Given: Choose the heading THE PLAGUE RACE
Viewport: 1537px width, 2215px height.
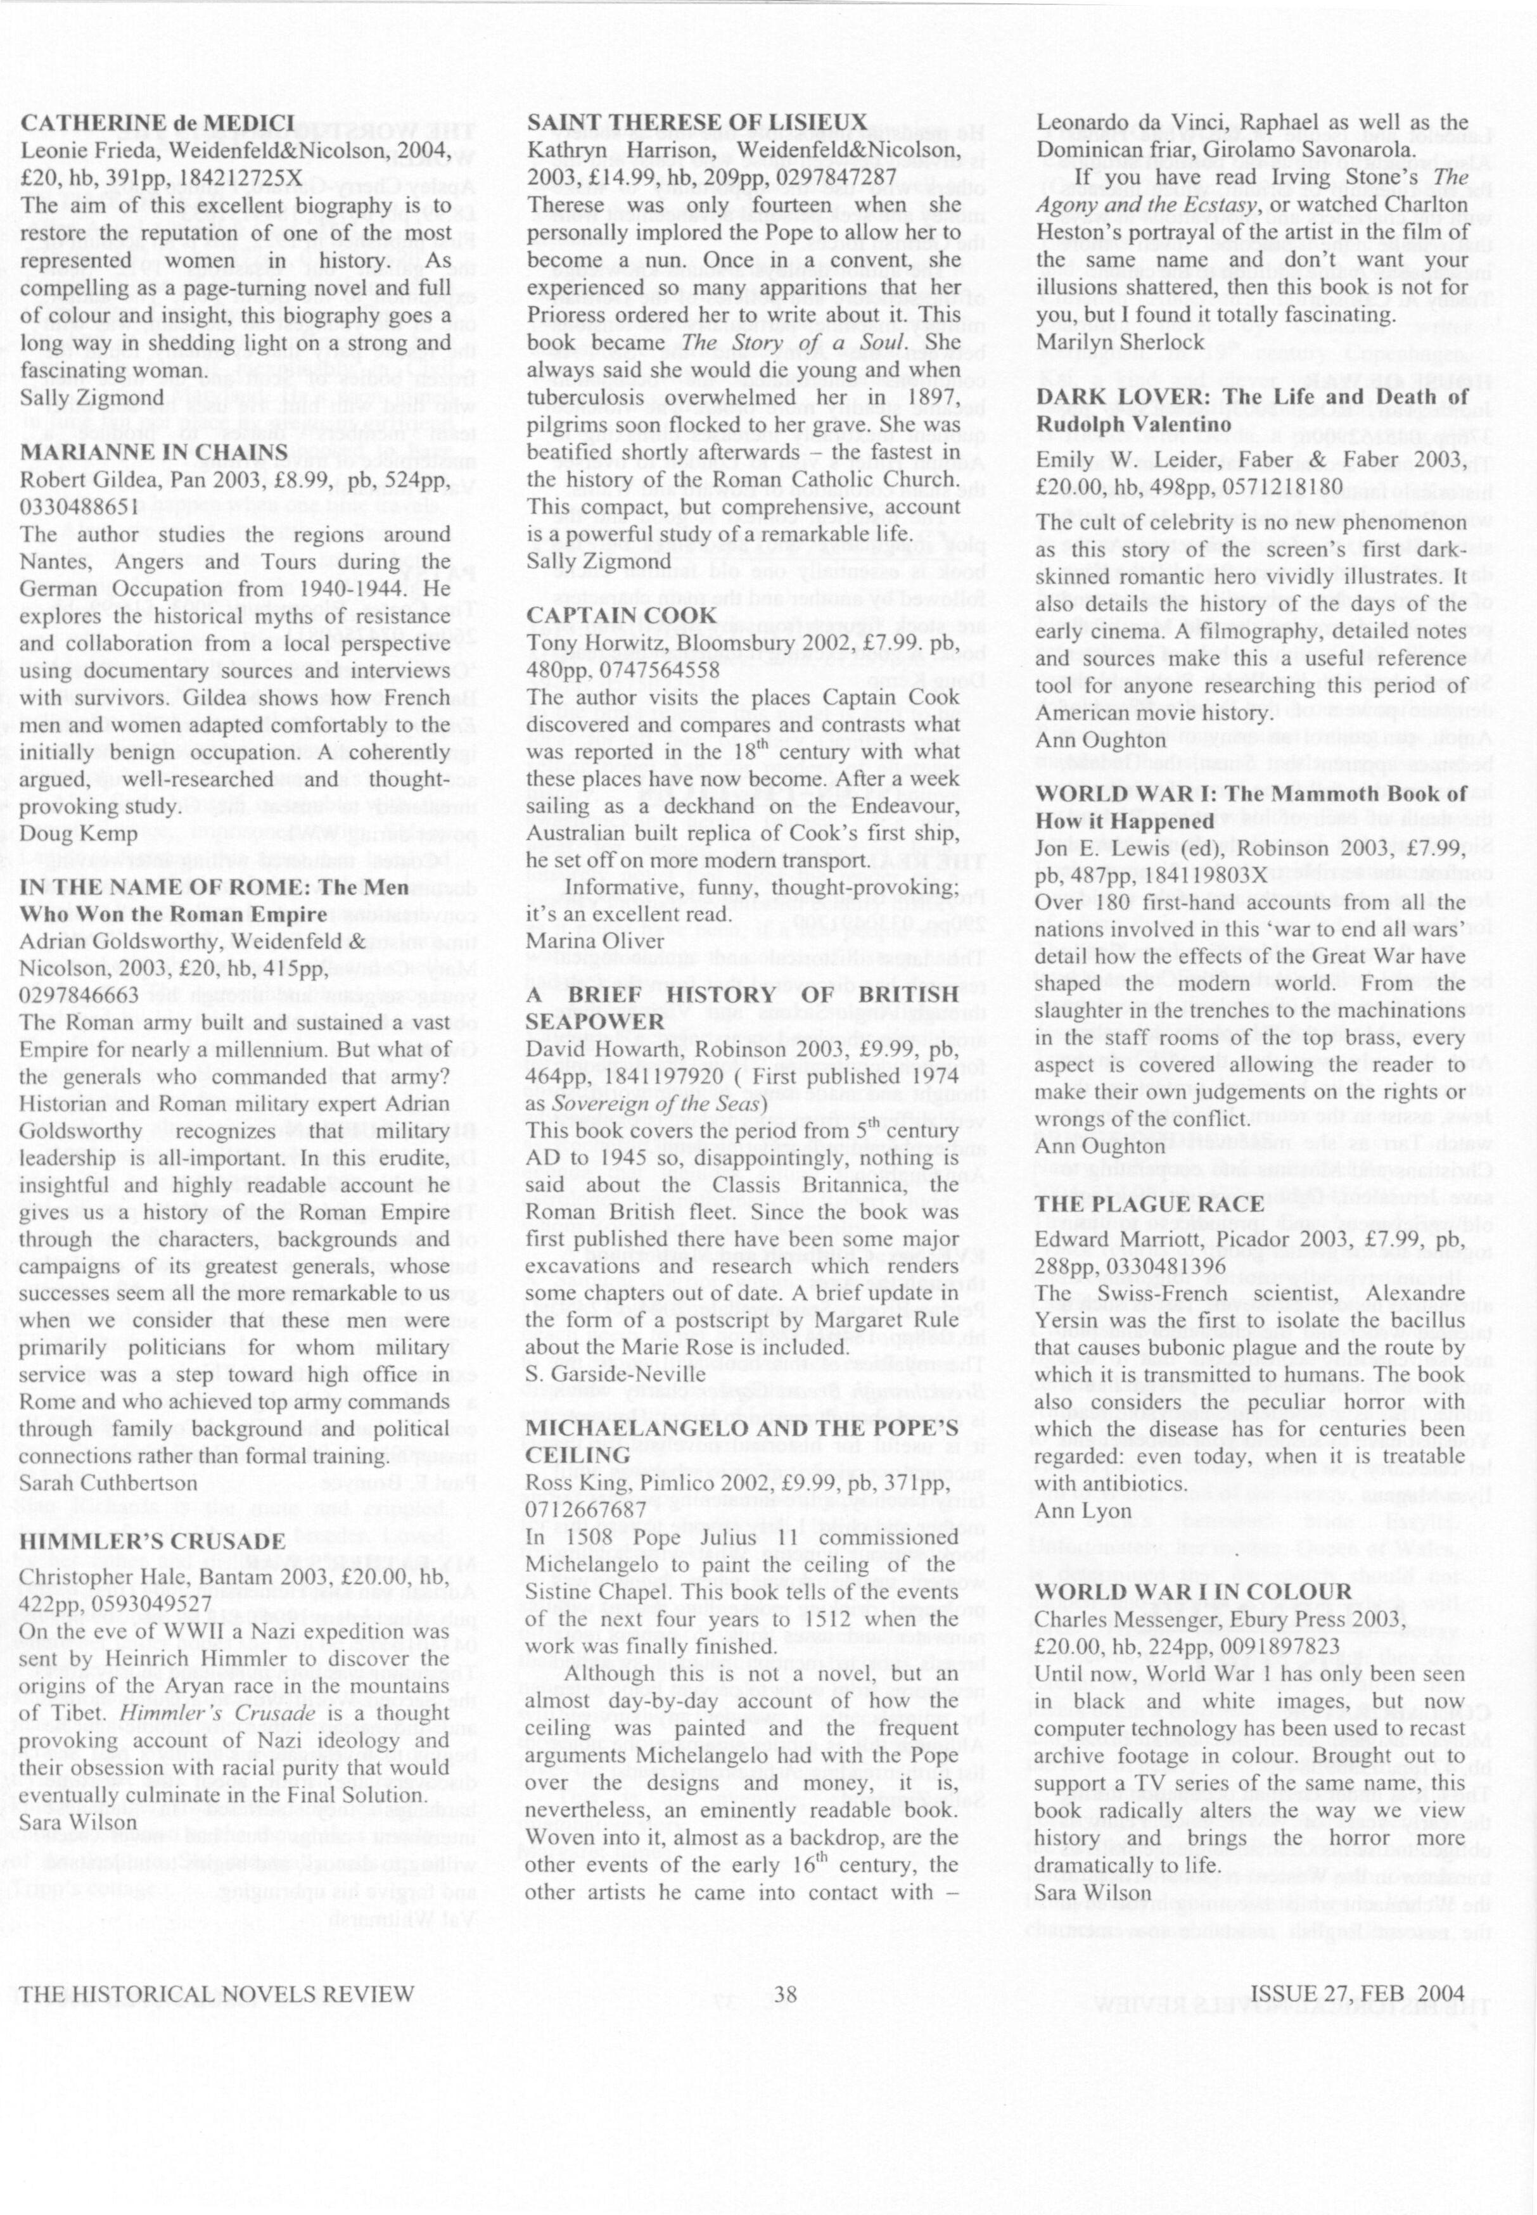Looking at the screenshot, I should click(1149, 1204).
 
